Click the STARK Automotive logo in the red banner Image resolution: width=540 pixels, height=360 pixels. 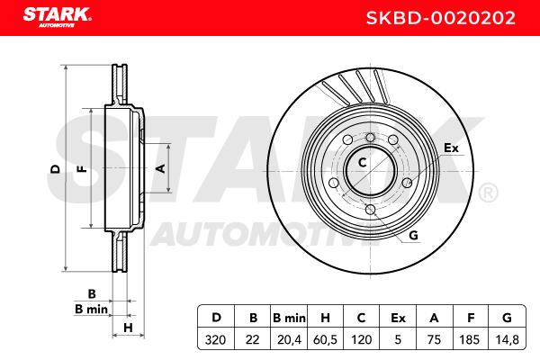[58, 17]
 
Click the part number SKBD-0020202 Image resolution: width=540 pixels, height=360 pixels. [441, 18]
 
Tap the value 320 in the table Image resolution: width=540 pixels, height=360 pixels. [216, 340]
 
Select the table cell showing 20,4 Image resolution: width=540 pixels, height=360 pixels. [289, 340]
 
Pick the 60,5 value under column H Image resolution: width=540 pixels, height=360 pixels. [325, 340]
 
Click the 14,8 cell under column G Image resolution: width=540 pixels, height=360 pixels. [507, 340]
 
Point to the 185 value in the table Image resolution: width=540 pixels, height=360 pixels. [470, 340]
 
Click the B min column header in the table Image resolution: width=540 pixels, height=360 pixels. [289, 318]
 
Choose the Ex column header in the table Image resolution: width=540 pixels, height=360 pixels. [398, 318]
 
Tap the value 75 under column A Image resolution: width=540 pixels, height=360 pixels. [434, 340]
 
